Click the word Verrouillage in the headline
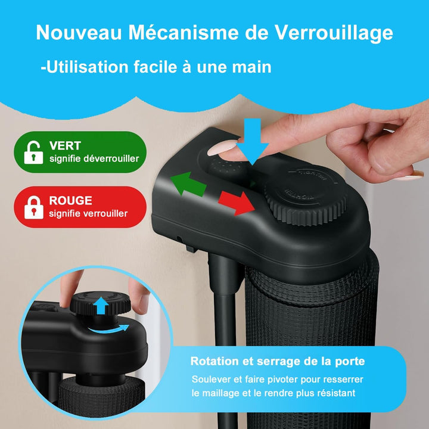334,33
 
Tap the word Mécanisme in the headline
184,32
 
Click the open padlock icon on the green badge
33,153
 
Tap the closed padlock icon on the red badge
33,207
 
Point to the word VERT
65,145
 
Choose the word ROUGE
70,201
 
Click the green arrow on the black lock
188,184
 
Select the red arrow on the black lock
237,203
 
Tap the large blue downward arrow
252,141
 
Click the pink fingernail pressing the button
222,148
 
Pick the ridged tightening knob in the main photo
306,195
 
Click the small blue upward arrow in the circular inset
101,305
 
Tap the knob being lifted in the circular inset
101,303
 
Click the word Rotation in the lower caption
214,361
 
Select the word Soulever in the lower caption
210,380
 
